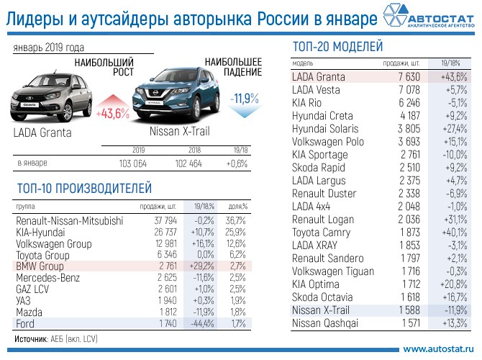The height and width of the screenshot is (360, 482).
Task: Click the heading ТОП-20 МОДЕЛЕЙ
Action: tap(337, 48)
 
